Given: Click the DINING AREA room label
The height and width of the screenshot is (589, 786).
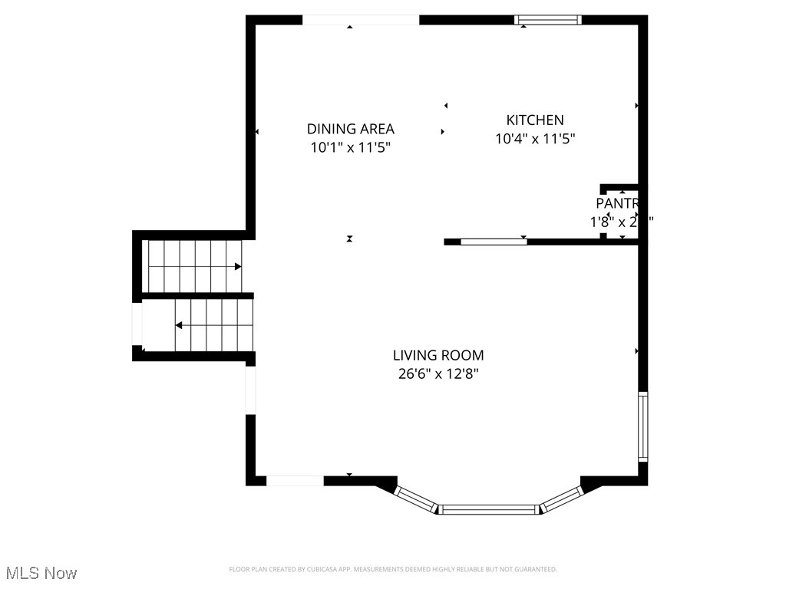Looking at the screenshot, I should coord(351,129).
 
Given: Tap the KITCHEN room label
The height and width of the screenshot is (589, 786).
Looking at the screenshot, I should coord(535,120).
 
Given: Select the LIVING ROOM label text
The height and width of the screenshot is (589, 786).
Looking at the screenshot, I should coord(438,355).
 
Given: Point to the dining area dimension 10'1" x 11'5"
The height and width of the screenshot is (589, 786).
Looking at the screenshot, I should coord(351,148).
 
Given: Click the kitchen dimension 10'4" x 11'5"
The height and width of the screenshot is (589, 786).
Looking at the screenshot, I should coord(535,139).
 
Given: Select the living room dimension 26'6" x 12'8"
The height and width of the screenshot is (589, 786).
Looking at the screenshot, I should coord(438,374).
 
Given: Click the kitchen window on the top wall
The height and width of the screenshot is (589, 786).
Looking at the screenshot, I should coord(547,20).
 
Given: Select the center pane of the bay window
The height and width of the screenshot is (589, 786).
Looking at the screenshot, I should coord(489,508).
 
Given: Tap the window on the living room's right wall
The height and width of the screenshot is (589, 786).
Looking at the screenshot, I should coord(642,426).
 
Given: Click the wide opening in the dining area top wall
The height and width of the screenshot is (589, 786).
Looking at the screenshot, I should coord(361,20).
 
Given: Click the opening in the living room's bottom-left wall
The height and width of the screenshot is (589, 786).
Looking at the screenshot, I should coord(295,481).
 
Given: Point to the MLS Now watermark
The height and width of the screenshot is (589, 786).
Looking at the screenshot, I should coord(41,573).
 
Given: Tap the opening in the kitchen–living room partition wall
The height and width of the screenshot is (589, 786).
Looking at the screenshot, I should coord(494,242).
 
